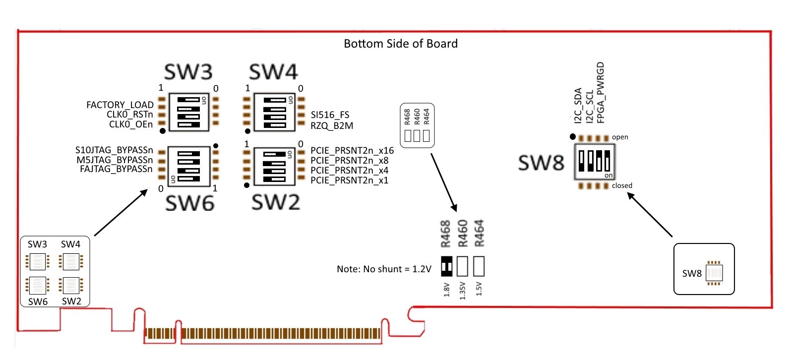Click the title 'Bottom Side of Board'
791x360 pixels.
(x=400, y=44)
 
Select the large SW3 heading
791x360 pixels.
(x=188, y=72)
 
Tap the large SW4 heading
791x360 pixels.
(x=273, y=72)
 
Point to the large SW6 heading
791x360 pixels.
(x=189, y=203)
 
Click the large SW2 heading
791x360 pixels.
(x=276, y=202)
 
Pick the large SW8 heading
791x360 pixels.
(x=541, y=163)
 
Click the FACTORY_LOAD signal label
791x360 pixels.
(x=120, y=105)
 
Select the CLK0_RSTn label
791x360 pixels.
(x=129, y=115)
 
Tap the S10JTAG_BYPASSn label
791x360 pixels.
(x=114, y=150)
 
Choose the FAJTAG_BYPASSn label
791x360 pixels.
(x=116, y=169)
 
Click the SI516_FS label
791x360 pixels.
(x=330, y=115)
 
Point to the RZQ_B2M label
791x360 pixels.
(x=332, y=126)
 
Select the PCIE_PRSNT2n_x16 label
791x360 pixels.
(x=352, y=150)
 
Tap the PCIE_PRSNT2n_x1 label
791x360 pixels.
(x=349, y=180)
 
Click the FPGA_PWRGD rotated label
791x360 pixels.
(x=601, y=92)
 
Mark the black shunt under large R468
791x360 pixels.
(x=446, y=266)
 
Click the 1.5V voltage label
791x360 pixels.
(x=479, y=289)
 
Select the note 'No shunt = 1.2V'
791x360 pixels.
(x=384, y=269)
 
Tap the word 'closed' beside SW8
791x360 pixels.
(x=622, y=185)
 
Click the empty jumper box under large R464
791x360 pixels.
(x=479, y=266)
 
